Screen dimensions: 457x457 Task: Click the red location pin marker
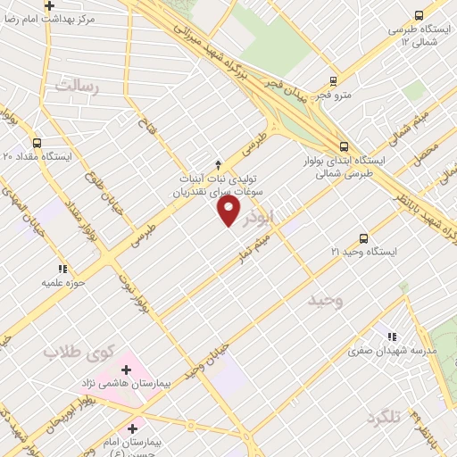click(229, 211)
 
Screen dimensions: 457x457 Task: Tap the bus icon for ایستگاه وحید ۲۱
click(362, 237)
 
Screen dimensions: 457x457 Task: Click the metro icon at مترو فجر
click(332, 79)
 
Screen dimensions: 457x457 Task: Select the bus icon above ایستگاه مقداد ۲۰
click(37, 142)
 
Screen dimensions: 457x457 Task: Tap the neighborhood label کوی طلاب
click(68, 351)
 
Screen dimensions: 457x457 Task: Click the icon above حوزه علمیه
click(62, 269)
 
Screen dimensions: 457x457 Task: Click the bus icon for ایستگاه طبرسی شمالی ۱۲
click(419, 15)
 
